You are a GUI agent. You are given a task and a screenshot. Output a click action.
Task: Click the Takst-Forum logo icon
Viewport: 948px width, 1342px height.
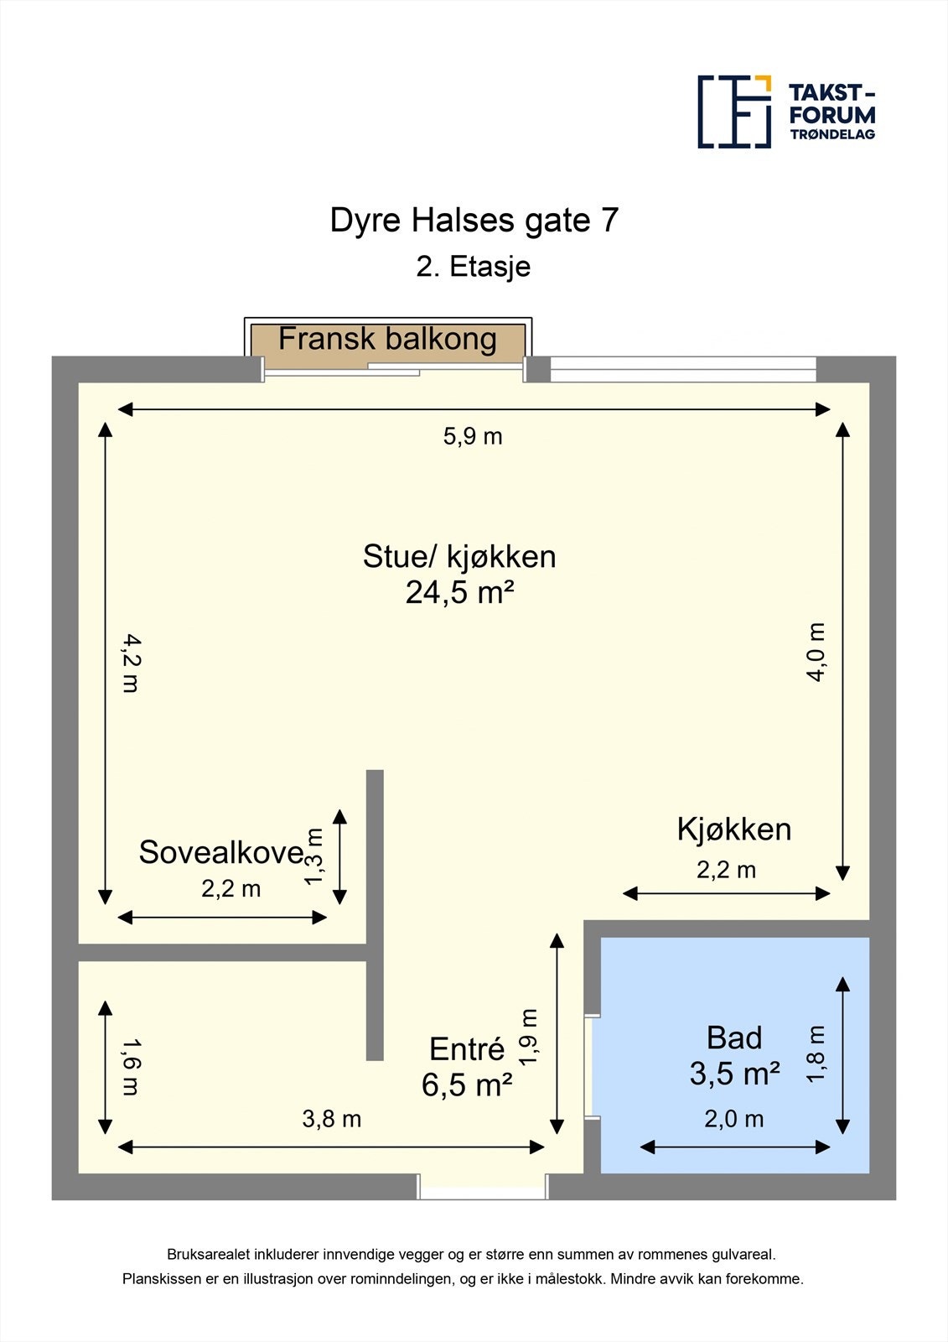734,112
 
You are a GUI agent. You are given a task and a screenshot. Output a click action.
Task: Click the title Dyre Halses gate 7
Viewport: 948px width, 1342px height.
474,221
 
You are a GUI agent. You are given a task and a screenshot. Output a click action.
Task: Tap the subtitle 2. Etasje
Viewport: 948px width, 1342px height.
474,267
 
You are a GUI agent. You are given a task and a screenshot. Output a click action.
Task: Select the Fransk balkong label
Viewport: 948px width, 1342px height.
387,339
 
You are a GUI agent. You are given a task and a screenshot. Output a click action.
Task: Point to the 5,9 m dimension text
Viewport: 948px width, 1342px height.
473,436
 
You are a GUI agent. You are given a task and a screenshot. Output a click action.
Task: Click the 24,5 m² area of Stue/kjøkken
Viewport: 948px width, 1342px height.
459,593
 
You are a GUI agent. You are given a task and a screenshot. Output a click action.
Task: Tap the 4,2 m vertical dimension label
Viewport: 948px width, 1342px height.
130,663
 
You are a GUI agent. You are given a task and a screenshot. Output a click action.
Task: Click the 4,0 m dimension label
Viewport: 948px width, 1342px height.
816,652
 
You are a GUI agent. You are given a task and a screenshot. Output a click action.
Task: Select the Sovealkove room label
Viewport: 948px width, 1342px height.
220,852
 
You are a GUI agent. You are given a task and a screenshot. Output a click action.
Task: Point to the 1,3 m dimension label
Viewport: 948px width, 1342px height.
314,856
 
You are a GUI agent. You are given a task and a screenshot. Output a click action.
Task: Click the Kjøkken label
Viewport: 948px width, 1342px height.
733,830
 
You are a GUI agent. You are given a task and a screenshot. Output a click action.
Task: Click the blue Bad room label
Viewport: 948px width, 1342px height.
734,1038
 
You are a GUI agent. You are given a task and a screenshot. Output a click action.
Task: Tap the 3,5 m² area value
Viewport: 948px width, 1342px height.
734,1074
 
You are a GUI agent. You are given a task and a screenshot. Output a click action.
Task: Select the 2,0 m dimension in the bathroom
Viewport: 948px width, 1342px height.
734,1119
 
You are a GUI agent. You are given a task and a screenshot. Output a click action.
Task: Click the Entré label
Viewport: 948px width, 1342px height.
467,1049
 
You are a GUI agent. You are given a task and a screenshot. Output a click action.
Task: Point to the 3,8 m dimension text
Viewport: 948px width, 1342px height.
332,1119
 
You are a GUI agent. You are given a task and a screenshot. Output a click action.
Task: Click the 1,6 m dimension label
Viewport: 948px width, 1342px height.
130,1067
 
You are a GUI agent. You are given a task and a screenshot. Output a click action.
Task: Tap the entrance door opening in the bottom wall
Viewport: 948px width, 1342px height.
483,1187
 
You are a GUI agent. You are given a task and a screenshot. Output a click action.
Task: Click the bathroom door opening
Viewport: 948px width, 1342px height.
592,1067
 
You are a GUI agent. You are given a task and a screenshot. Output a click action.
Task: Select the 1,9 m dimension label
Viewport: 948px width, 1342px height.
528,1037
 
